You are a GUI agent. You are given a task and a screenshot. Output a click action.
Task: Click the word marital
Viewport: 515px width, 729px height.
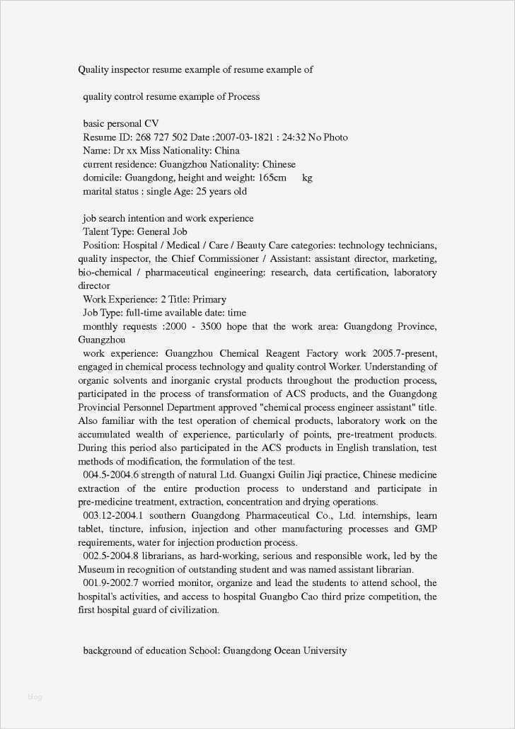[98, 191]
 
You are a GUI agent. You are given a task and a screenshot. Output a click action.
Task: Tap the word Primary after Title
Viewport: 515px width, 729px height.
[209, 299]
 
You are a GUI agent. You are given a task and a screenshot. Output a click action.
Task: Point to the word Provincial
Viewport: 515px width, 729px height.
[101, 408]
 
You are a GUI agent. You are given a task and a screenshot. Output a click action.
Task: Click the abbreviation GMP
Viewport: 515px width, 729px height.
[425, 529]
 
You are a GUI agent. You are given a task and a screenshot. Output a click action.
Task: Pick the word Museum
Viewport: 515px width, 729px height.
[96, 570]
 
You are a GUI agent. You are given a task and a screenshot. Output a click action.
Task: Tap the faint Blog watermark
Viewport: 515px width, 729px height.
[35, 697]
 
